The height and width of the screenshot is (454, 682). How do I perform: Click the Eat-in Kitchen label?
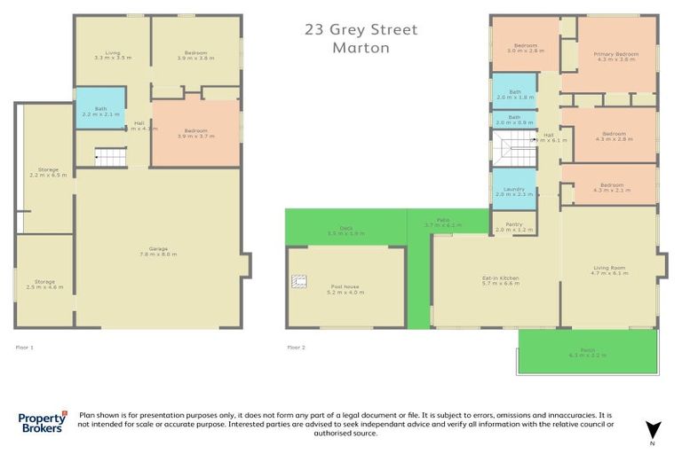(x=494, y=281)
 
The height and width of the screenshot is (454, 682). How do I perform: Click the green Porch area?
(x=587, y=352)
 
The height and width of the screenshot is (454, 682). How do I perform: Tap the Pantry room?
(x=513, y=227)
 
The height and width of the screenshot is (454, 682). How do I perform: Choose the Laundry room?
(x=513, y=191)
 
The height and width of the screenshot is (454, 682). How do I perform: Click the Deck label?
(x=345, y=231)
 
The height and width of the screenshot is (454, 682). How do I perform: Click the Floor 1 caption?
(x=25, y=348)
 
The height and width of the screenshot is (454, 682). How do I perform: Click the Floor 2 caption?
(x=296, y=348)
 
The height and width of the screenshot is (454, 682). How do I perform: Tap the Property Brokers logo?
(x=43, y=422)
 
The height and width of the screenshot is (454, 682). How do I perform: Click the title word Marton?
(x=361, y=48)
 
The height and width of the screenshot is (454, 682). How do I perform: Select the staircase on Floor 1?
(x=111, y=158)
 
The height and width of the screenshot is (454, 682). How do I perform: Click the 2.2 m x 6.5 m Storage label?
(x=43, y=172)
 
